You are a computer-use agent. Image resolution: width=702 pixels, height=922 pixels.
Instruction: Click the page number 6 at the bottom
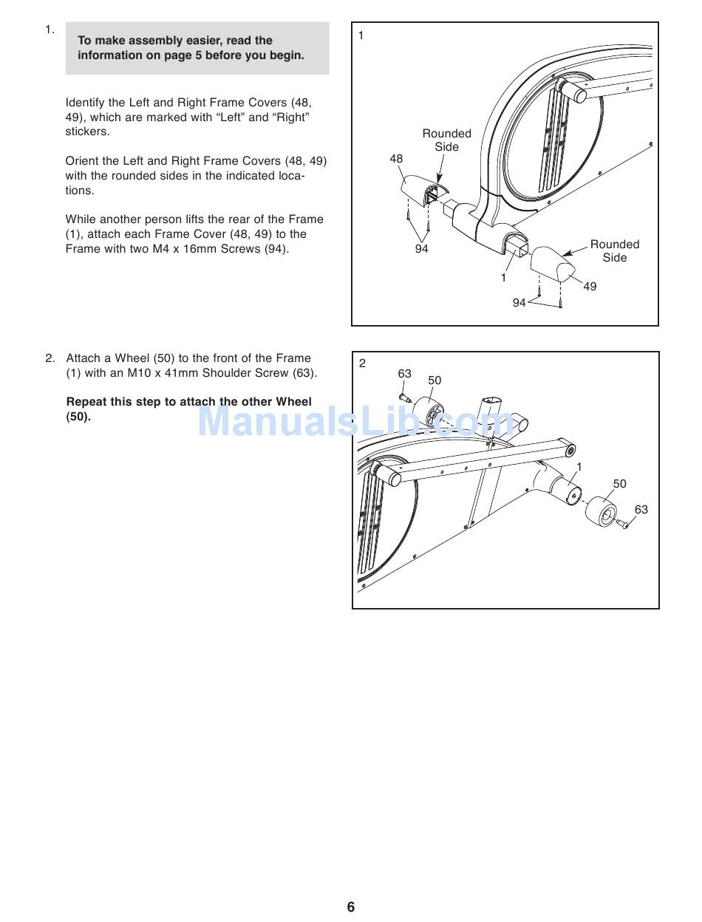point(351,906)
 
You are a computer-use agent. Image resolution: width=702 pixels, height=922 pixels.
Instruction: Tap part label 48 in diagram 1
point(396,159)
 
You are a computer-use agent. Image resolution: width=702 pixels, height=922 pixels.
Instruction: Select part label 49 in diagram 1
point(590,287)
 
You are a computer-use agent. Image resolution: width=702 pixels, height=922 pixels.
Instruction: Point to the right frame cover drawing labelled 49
point(551,261)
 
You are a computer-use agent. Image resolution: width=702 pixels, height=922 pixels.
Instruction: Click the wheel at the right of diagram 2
point(601,511)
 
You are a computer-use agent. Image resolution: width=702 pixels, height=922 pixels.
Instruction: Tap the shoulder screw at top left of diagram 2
point(403,400)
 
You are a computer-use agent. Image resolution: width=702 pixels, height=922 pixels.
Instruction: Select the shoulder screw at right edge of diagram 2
point(623,525)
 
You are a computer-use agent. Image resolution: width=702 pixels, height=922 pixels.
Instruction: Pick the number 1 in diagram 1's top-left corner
point(361,35)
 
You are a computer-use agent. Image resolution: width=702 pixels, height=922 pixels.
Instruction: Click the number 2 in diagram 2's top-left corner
point(362,363)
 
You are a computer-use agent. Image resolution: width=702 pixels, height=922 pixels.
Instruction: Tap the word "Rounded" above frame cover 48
point(446,134)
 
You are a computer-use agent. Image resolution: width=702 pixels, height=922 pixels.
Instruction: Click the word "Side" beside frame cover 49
point(615,258)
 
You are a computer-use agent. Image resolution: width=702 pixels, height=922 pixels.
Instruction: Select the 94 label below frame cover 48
point(421,249)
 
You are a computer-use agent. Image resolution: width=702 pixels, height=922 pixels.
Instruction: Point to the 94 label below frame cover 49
point(519,303)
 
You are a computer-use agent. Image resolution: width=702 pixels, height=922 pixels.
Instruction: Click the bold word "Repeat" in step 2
point(87,402)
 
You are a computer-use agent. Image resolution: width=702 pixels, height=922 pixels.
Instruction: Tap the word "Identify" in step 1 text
point(85,103)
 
